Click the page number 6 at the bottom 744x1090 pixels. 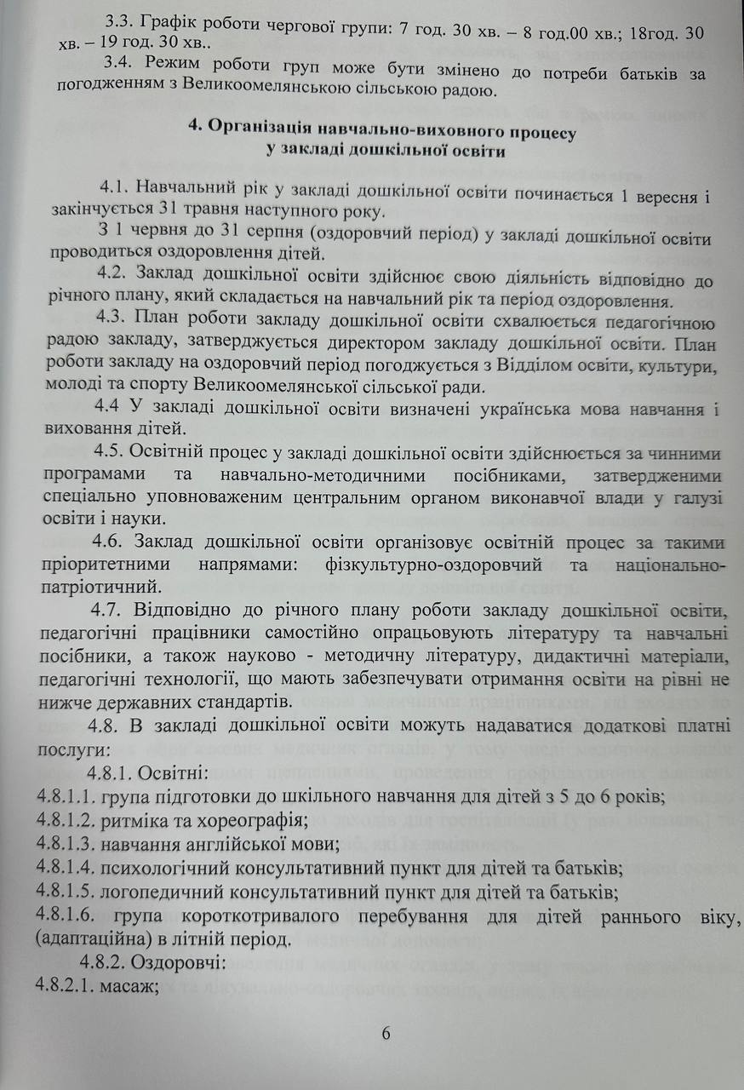(386, 1033)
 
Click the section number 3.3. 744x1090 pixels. (117, 26)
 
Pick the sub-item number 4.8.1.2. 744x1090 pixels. (65, 821)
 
